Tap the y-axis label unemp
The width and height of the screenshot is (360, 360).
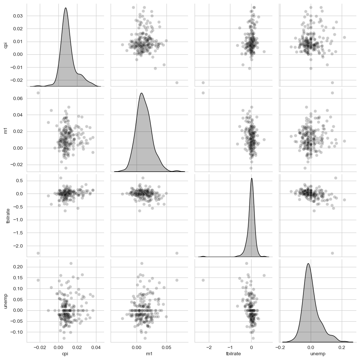pyautogui.click(x=5, y=303)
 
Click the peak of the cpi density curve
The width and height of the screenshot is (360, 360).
pyautogui.click(x=65, y=8)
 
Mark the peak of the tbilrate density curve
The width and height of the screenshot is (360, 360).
pyautogui.click(x=252, y=178)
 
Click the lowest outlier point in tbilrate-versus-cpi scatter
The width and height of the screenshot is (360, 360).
pyautogui.click(x=38, y=253)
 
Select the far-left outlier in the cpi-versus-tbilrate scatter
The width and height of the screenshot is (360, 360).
pyautogui.click(x=203, y=83)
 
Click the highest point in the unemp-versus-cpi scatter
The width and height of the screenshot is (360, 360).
pyautogui.click(x=71, y=263)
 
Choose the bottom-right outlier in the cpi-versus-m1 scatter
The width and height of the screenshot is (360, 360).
pyautogui.click(x=177, y=83)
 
